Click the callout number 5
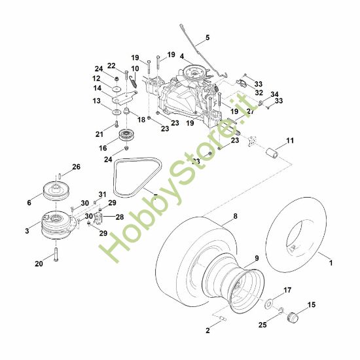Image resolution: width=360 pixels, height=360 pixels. point(207,38)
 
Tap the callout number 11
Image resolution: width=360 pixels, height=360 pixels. point(289,141)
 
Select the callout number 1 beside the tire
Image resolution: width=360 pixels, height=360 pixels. point(331,262)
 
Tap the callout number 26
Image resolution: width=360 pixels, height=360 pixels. point(77,168)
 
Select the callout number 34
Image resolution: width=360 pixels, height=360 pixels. point(274,94)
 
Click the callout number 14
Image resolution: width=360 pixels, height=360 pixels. point(96,88)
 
